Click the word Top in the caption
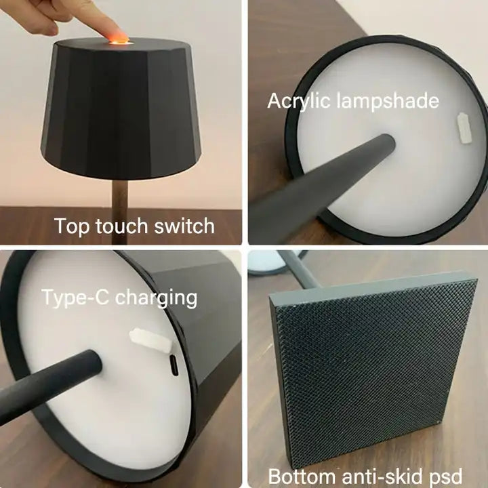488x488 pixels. click(x=72, y=226)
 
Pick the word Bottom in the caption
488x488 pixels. click(x=302, y=476)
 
